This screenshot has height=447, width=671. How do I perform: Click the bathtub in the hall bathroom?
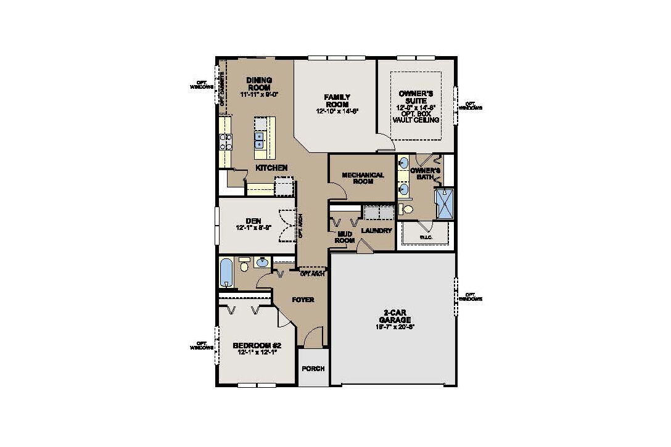(x=226, y=272)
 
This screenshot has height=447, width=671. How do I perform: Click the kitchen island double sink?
(x=260, y=141)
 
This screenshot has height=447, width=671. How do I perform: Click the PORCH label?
(x=313, y=369)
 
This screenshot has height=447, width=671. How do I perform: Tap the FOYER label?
(x=303, y=300)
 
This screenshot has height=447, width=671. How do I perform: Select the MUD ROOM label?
(x=345, y=237)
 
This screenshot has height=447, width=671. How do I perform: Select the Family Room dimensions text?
(x=337, y=111)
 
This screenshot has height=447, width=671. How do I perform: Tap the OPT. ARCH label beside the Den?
(x=300, y=226)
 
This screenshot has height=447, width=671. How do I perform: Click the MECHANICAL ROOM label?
(x=363, y=179)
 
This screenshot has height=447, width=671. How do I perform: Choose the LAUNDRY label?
(x=377, y=231)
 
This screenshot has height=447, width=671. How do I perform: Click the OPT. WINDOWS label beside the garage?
(x=472, y=297)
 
